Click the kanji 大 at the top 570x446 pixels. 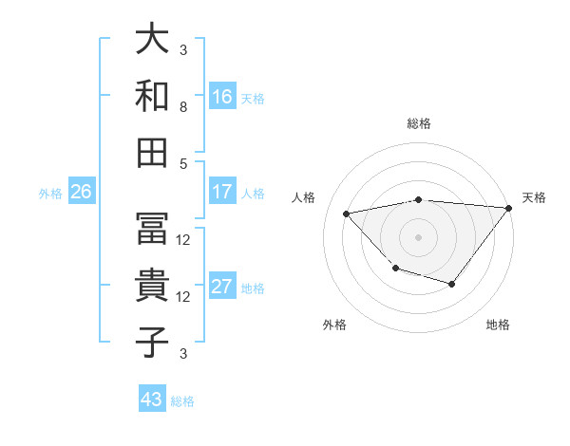point(152,40)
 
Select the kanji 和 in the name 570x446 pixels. point(152,95)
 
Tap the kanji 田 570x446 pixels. point(152,151)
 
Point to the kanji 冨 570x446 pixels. point(152,229)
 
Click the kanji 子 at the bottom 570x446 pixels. point(152,341)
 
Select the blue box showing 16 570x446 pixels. point(222,96)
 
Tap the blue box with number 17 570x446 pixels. point(222,192)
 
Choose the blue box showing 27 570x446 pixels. point(222,287)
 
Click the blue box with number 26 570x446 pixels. point(81,192)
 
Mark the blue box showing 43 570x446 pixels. point(152,400)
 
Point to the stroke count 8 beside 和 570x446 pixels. point(183,107)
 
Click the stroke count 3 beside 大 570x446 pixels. point(183,50)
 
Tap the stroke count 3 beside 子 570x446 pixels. point(183,354)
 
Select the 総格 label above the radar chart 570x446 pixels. point(418,123)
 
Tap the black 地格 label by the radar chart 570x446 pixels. point(498,325)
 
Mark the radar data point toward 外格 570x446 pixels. point(395,269)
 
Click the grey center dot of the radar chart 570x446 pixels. point(418,236)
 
